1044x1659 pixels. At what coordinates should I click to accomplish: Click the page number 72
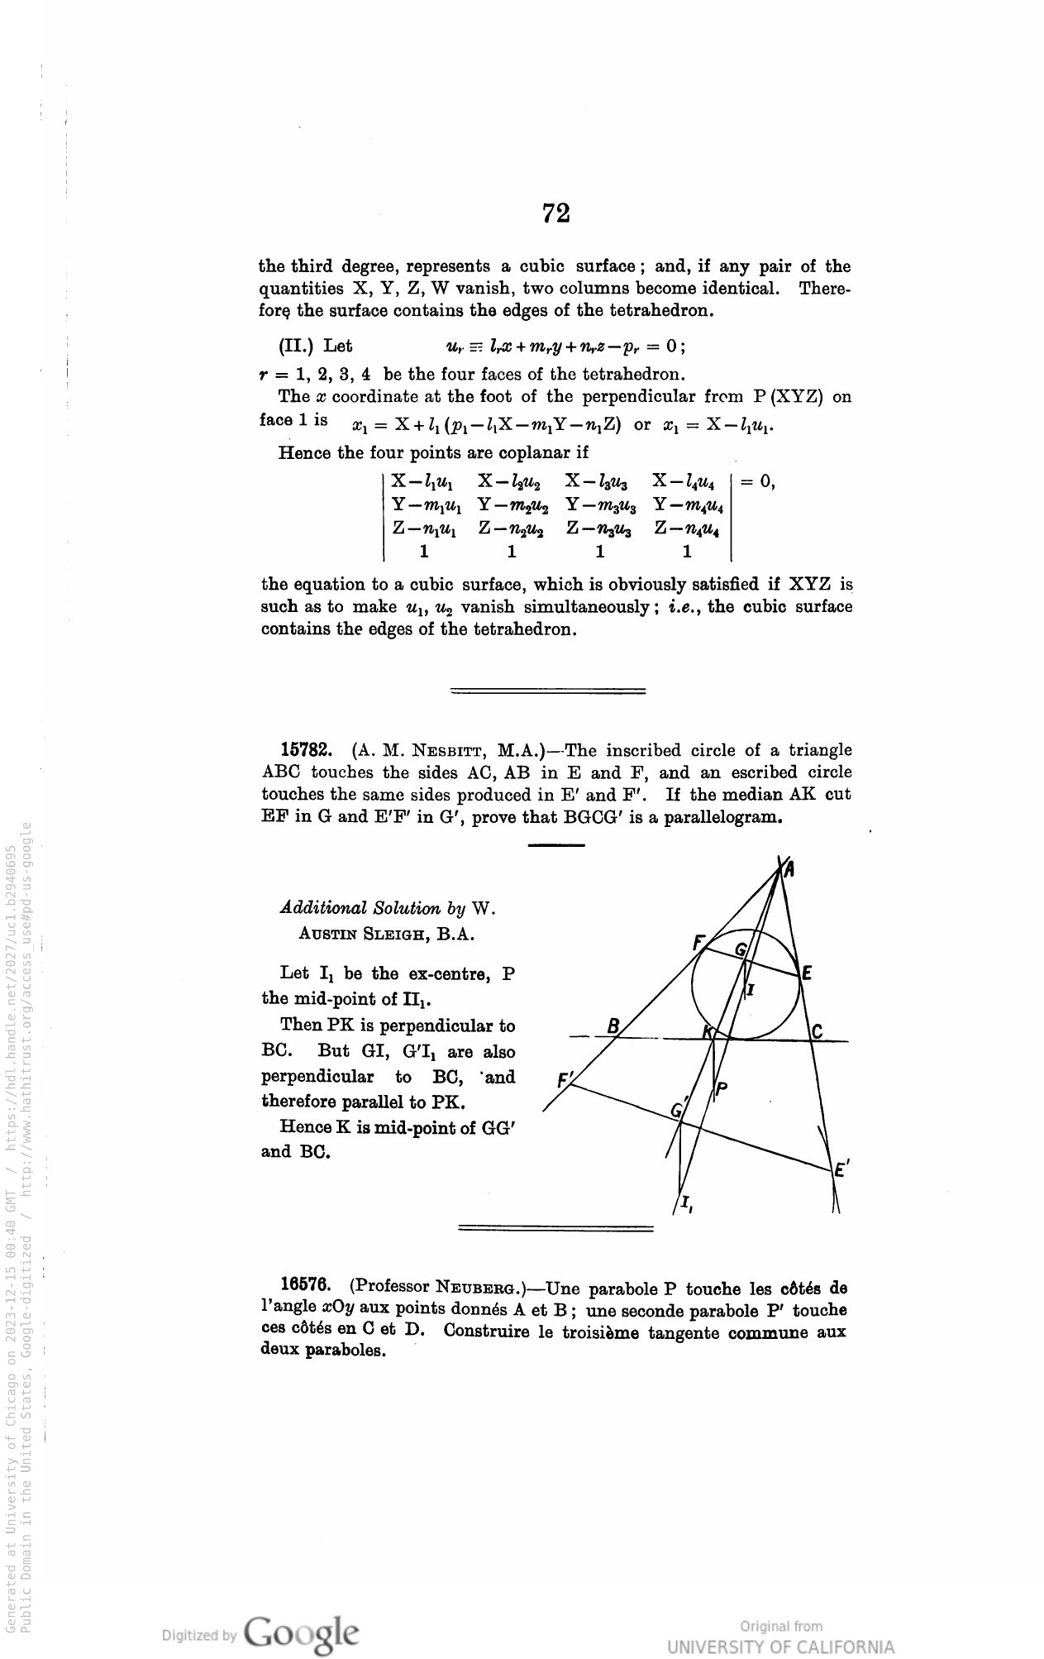click(x=556, y=213)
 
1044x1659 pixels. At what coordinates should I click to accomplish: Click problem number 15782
click(x=307, y=750)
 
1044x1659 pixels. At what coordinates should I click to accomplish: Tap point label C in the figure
click(x=817, y=1030)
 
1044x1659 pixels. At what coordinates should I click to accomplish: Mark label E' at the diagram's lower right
click(x=841, y=1170)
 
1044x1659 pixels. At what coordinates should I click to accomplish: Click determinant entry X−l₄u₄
click(x=688, y=480)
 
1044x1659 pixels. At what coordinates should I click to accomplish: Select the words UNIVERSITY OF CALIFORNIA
click(x=780, y=1646)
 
